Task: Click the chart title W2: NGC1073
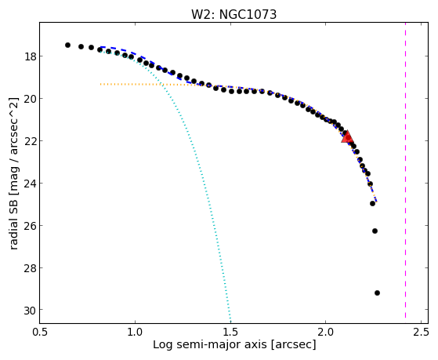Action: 233,14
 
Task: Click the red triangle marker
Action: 347,136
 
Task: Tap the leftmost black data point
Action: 67,45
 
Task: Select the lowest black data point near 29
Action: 377,293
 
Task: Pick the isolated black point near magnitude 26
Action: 375,231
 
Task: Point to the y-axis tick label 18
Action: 30,56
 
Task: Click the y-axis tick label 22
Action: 30,140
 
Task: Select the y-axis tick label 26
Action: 30,225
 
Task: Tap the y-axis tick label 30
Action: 30,310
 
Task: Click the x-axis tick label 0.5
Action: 40,333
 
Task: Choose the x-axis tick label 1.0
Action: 136,333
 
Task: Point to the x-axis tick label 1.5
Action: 230,333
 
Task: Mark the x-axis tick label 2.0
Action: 326,333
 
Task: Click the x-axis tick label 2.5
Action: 422,333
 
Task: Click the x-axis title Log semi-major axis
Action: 210,344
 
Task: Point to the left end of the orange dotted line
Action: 100,84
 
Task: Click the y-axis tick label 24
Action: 30,184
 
